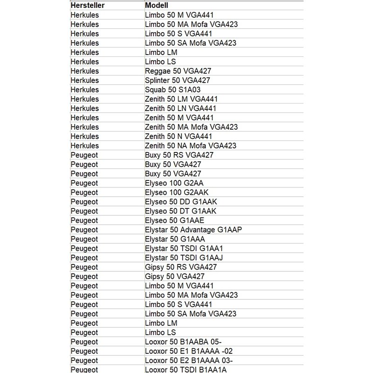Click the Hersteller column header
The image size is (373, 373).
click(x=87, y=6)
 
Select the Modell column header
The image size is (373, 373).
click(x=157, y=6)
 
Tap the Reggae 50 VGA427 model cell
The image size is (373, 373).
click(x=178, y=71)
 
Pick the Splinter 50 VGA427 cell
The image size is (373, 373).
click(x=179, y=80)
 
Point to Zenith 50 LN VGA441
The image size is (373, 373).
click(x=180, y=108)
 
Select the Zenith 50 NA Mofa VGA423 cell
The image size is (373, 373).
click(x=191, y=145)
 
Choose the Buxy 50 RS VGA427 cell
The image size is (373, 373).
click(x=180, y=155)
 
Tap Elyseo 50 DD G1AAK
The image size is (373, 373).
click(x=181, y=201)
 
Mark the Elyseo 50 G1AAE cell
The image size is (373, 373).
click(x=175, y=220)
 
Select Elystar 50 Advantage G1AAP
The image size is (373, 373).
click(x=193, y=229)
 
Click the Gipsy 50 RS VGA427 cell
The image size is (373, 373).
click(x=181, y=267)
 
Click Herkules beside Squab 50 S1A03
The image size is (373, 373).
click(x=85, y=90)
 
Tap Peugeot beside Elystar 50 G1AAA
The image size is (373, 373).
click(x=84, y=239)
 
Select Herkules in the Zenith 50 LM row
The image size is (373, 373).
click(x=85, y=99)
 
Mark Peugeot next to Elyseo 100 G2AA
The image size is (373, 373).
click(x=84, y=183)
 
